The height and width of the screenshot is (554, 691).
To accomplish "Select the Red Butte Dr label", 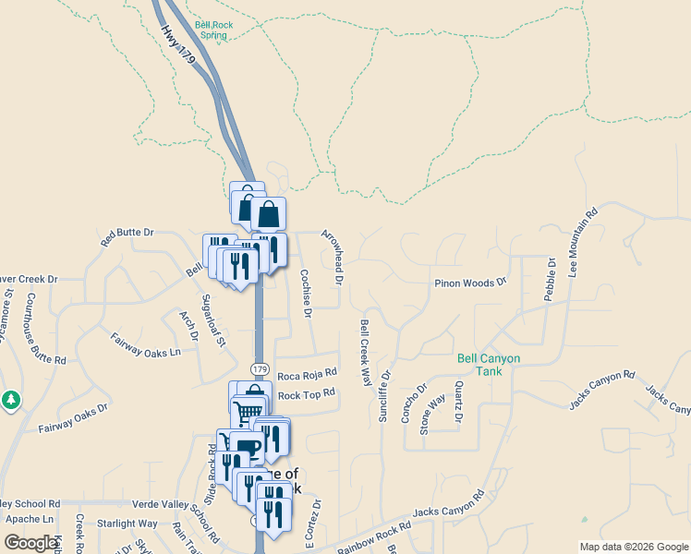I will (x=127, y=235).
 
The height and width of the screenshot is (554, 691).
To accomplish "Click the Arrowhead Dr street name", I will (x=333, y=257).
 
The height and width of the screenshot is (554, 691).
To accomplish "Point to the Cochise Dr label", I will (x=306, y=294).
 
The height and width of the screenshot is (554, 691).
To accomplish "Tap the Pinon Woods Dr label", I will (x=471, y=283).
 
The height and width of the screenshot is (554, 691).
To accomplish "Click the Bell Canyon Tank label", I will (x=489, y=365).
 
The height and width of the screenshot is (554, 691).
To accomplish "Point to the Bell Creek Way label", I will (x=365, y=353).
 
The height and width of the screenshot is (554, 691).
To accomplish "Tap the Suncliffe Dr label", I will (x=384, y=396).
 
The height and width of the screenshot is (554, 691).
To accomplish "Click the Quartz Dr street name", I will (x=457, y=403).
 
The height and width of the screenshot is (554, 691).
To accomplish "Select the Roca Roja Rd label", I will (x=307, y=375).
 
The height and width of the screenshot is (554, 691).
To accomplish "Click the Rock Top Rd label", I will (x=306, y=394).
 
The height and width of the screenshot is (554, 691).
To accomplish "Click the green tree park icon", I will (x=10, y=401).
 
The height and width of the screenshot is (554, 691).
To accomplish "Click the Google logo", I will (x=30, y=542).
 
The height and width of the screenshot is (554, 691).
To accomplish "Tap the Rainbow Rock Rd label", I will (x=373, y=535).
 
